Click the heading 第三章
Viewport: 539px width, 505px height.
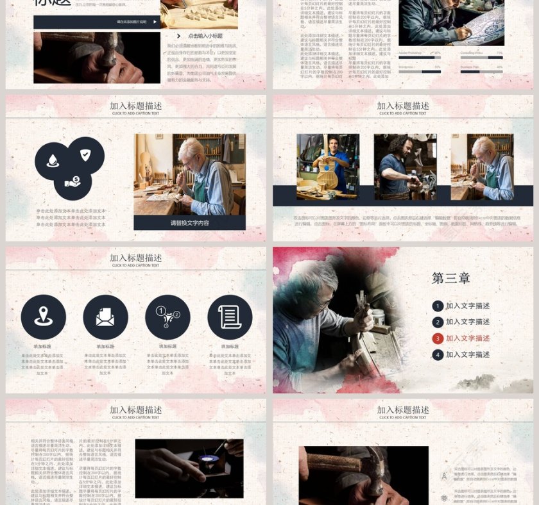pos(450,278)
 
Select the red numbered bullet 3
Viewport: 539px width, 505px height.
pos(438,338)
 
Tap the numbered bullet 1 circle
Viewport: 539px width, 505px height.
pos(438,306)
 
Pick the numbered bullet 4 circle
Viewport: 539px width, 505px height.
pos(438,354)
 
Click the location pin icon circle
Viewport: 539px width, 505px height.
pos(43,317)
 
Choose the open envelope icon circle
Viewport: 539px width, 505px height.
pos(105,317)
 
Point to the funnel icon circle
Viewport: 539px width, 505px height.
pos(167,317)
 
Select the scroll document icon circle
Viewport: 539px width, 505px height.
pos(230,317)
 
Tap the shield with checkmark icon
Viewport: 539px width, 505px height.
pos(86,155)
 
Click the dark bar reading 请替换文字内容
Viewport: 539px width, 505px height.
pos(189,222)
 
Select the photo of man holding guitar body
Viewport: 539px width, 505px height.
pos(328,167)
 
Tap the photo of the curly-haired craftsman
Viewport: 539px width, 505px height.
pos(405,167)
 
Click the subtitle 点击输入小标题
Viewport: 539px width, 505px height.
pos(205,36)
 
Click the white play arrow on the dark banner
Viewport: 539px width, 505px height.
pos(154,22)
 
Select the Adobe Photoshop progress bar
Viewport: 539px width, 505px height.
pos(420,58)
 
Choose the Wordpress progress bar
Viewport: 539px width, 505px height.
pos(420,72)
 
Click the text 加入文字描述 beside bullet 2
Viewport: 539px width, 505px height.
pos(468,322)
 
